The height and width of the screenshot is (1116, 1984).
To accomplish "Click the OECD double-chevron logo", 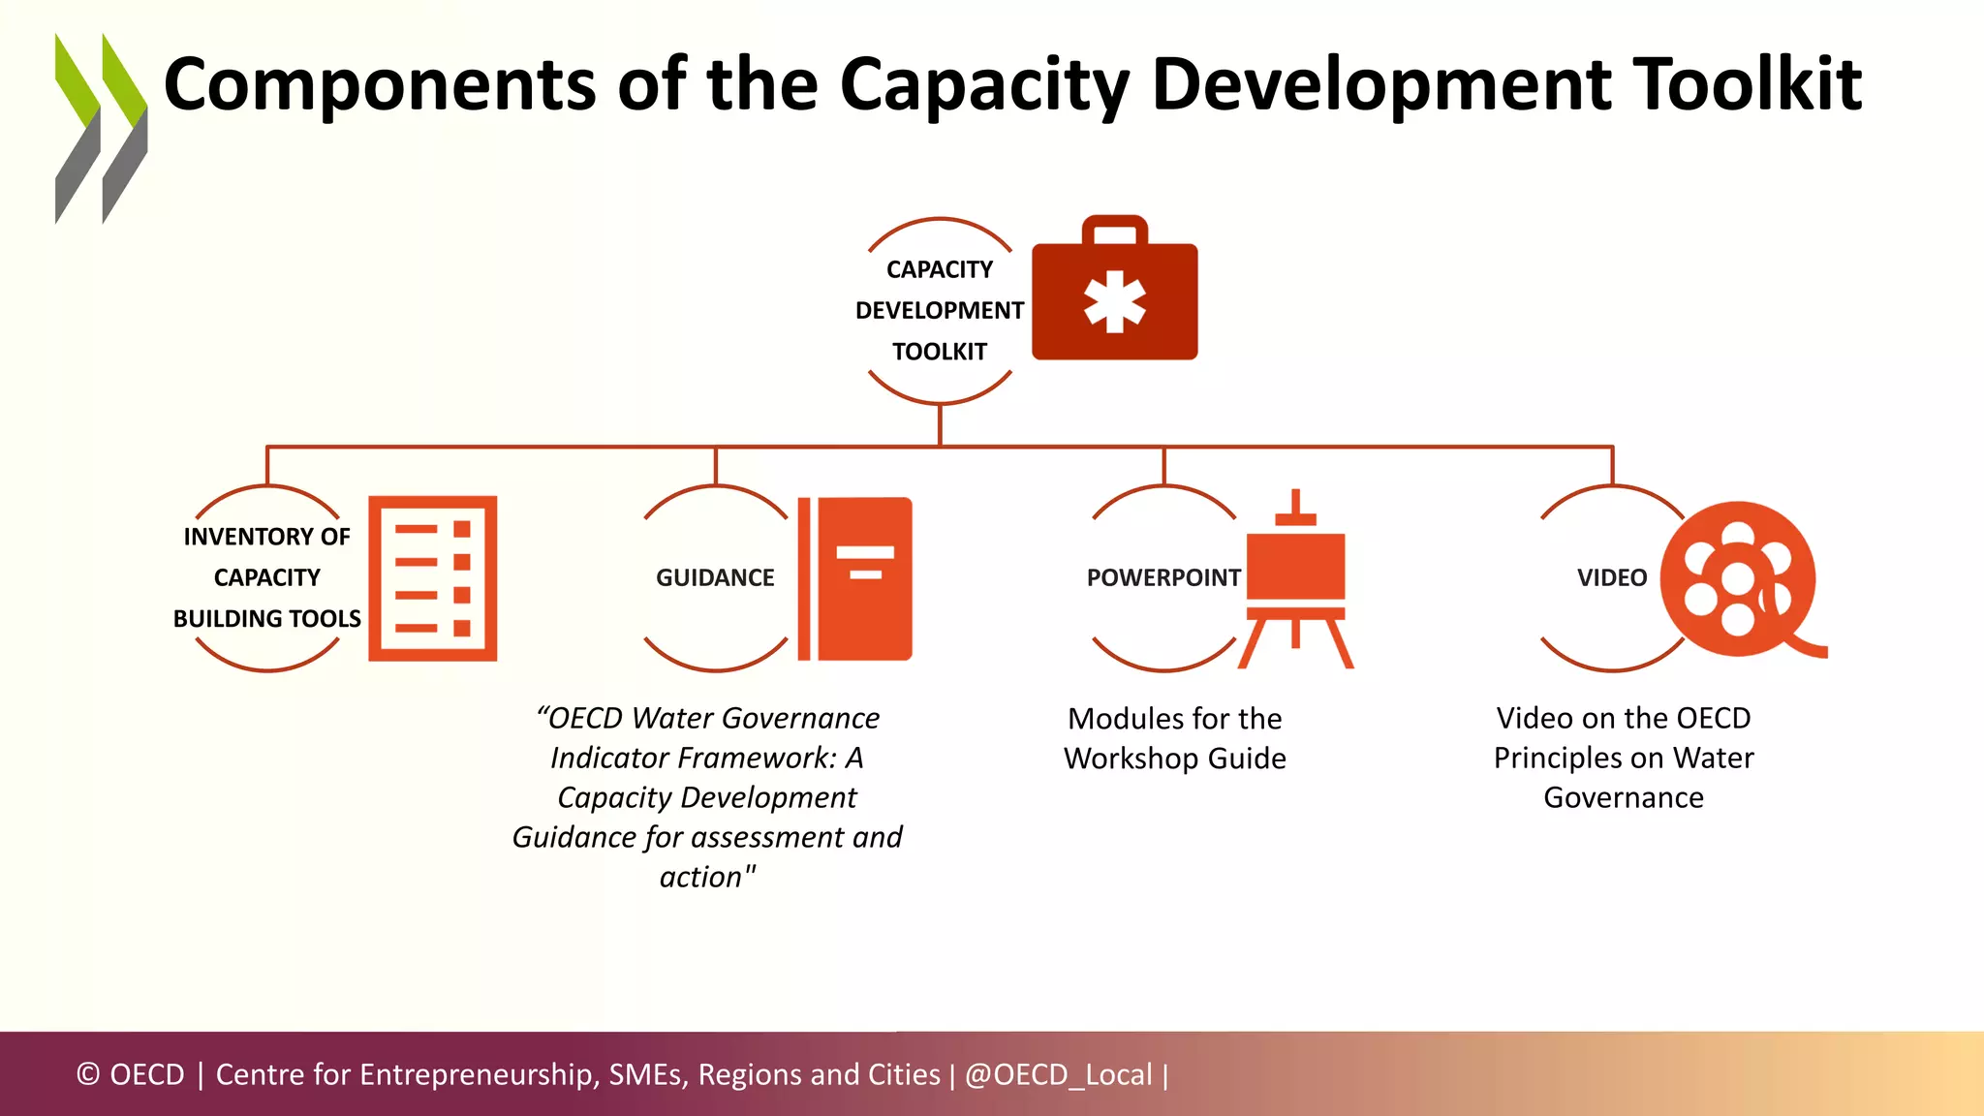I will click(101, 128).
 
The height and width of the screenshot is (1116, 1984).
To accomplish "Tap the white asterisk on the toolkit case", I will click(1114, 301).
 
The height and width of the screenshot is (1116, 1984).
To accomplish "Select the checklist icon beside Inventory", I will click(432, 578).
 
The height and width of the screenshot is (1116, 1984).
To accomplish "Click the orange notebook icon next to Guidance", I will click(855, 578).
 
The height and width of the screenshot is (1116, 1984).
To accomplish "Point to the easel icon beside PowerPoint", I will click(1295, 581).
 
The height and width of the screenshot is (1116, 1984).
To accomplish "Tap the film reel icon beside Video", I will click(1739, 579).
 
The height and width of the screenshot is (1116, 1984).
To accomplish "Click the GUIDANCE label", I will click(715, 578).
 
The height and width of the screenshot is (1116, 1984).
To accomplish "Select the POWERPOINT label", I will click(1162, 578).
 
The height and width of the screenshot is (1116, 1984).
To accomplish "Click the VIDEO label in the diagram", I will click(1611, 578).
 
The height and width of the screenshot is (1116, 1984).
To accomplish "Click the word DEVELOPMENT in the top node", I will click(939, 311).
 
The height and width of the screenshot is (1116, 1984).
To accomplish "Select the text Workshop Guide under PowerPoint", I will click(1174, 759).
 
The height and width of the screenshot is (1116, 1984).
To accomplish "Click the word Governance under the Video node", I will click(1623, 798).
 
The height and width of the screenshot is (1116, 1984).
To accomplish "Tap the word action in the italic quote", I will click(699, 878).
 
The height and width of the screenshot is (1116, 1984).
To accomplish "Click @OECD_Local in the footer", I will click(1058, 1074).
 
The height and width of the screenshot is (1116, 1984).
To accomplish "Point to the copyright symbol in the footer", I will click(88, 1074).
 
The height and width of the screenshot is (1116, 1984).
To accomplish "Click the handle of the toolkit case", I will click(1114, 229).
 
